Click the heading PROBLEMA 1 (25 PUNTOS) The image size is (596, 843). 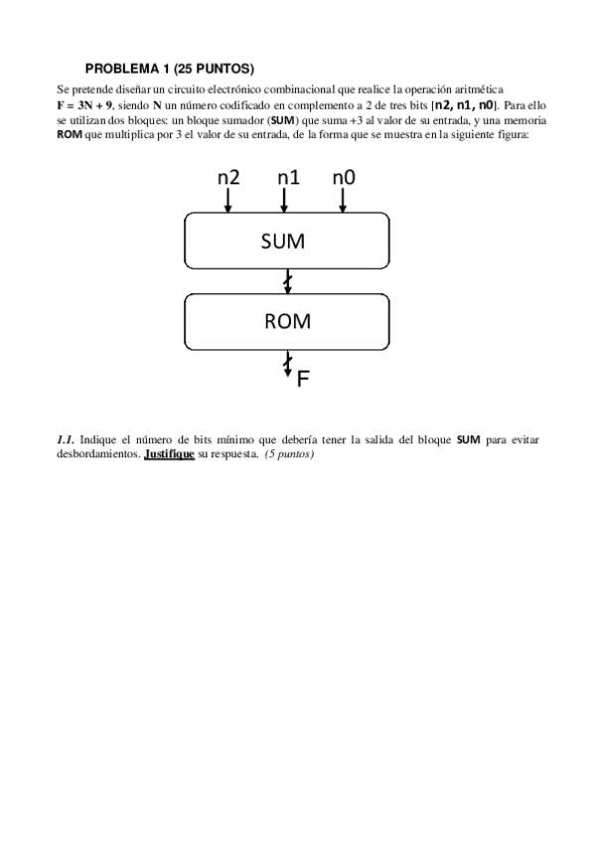[x=170, y=69]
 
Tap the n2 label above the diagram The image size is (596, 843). [x=228, y=177]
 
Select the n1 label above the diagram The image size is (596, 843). [x=288, y=177]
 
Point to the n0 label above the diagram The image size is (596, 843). [x=344, y=177]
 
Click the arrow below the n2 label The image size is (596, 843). [x=228, y=201]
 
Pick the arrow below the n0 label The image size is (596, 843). [x=343, y=201]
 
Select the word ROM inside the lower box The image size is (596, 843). [x=287, y=321]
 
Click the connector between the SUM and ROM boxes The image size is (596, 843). [x=288, y=283]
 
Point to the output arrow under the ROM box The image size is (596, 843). [x=288, y=362]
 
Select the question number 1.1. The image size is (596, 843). [x=67, y=438]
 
